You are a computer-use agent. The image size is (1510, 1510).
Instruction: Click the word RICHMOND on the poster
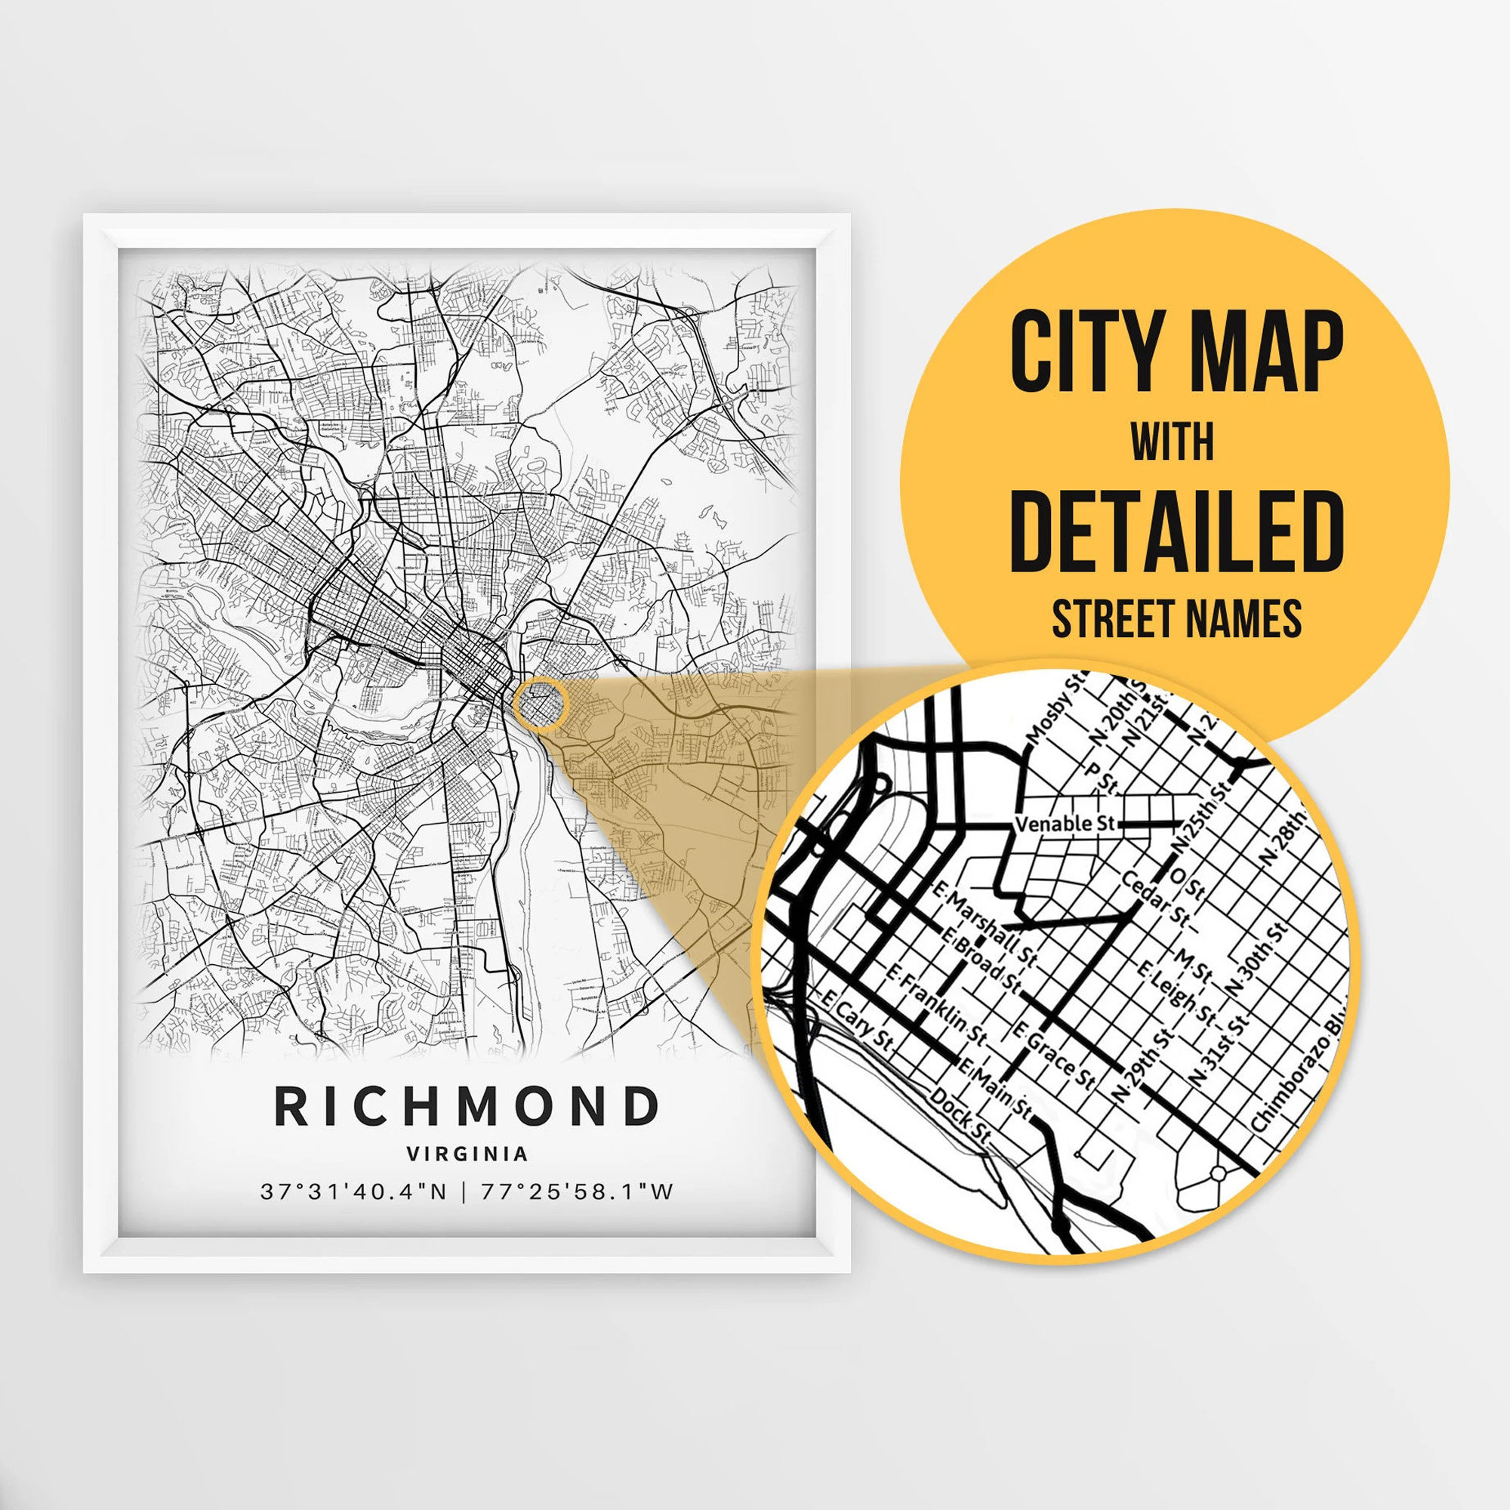click(x=467, y=1106)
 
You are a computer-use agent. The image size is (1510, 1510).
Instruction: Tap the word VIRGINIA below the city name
click(x=467, y=1154)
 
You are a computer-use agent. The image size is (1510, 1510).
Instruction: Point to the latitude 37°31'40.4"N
click(x=353, y=1192)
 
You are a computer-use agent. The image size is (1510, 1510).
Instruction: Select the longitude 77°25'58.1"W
click(x=577, y=1192)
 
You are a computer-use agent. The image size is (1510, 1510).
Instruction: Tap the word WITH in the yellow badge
click(x=1173, y=442)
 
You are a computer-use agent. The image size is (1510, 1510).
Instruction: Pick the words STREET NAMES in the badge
click(x=1176, y=619)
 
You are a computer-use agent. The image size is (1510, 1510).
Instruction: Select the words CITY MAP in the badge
click(x=1176, y=352)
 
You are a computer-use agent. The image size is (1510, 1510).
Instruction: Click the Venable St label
click(x=1065, y=824)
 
